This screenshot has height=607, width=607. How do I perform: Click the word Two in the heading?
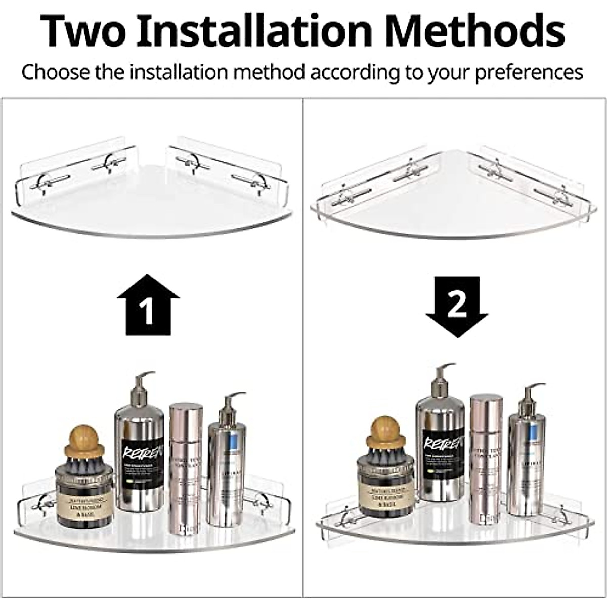tap(83, 31)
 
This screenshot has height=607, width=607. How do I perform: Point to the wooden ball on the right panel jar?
tap(386, 427)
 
